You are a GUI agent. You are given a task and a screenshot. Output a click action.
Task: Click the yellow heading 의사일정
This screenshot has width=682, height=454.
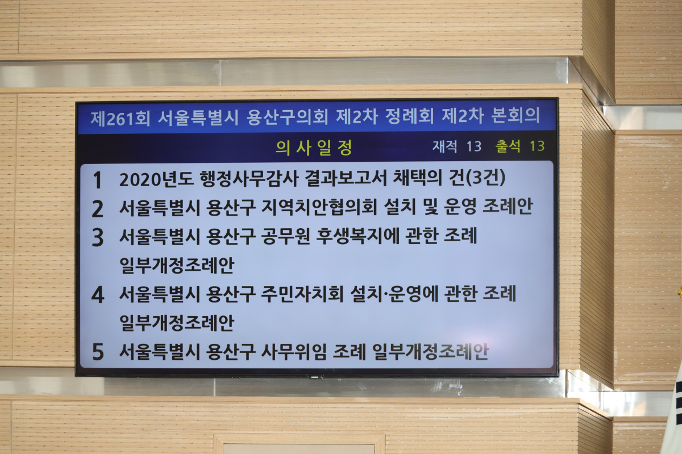click(314, 148)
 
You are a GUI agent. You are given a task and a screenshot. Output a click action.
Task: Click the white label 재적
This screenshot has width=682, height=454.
click(445, 146)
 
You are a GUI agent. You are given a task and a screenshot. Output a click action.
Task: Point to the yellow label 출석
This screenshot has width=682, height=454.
click(508, 146)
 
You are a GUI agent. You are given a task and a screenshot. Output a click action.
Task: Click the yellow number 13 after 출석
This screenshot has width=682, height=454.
click(537, 146)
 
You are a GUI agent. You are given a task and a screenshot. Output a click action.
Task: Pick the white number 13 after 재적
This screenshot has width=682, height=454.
click(474, 146)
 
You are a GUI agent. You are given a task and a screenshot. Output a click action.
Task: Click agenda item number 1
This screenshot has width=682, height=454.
click(97, 180)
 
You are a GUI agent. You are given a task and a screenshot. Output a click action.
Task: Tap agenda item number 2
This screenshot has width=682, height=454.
click(97, 209)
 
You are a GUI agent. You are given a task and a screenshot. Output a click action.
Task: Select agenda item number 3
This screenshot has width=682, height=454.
click(97, 237)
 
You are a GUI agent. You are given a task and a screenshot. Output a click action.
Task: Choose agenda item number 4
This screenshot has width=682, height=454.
click(98, 295)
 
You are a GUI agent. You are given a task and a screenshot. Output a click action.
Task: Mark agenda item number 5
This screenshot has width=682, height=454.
click(98, 352)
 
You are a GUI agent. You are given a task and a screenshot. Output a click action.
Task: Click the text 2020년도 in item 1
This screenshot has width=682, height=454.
click(156, 179)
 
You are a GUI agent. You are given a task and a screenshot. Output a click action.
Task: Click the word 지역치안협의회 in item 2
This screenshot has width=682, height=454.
click(319, 207)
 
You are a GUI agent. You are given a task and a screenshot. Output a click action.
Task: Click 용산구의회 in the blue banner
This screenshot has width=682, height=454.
click(287, 117)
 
